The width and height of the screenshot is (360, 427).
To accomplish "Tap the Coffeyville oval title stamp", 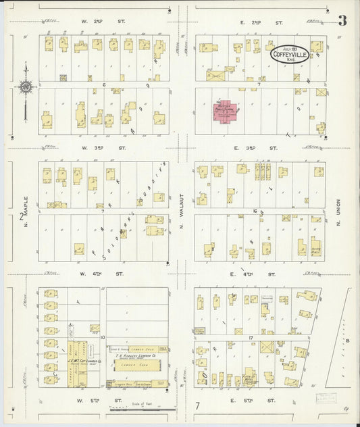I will (290, 55).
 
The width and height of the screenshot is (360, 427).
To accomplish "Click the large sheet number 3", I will (342, 21).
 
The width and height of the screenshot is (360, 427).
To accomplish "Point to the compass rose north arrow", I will (24, 86).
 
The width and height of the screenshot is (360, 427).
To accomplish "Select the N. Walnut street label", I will (182, 213).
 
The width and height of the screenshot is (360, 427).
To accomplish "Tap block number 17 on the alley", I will (250, 336).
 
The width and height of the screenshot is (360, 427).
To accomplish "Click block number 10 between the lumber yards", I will (103, 336).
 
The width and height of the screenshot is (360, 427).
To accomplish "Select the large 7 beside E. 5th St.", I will (197, 406).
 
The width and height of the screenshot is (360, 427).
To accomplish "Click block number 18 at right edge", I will (348, 341).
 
